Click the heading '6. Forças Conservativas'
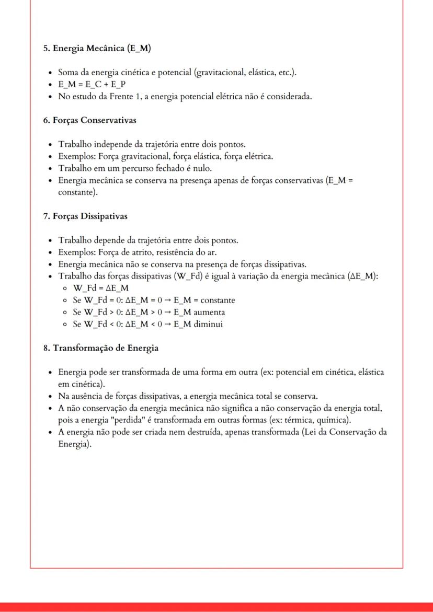pos(89,121)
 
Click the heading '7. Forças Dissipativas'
pos(85,216)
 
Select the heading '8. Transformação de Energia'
pos(100,348)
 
